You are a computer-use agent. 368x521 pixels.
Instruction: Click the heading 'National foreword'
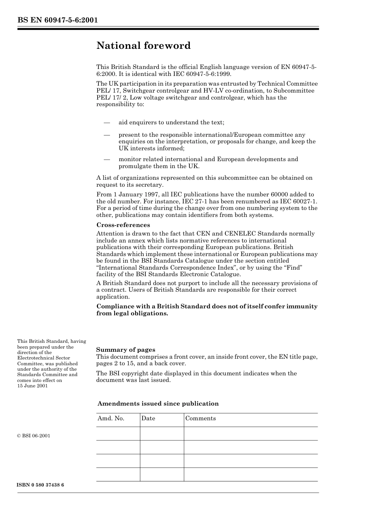point(143,46)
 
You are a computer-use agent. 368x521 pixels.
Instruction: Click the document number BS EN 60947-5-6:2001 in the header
point(57,20)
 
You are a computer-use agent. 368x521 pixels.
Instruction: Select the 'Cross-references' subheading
point(123,225)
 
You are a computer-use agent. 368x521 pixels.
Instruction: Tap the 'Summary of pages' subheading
point(126,349)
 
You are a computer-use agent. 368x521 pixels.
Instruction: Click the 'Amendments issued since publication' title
point(158,404)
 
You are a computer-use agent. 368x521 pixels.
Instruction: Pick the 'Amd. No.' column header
point(111,418)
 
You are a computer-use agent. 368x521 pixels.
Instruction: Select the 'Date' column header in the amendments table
point(148,418)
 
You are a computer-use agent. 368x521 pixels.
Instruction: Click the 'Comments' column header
point(200,418)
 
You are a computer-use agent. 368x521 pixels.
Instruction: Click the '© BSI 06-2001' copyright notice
point(34,436)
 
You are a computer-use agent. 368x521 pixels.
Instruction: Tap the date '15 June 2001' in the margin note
point(33,386)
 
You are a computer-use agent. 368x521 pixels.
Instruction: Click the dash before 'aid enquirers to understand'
point(107,123)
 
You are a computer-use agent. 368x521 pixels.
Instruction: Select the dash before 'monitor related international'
point(107,159)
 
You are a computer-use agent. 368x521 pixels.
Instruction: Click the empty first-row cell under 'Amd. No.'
point(118,433)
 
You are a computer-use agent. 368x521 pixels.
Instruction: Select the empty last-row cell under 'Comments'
point(250,474)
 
